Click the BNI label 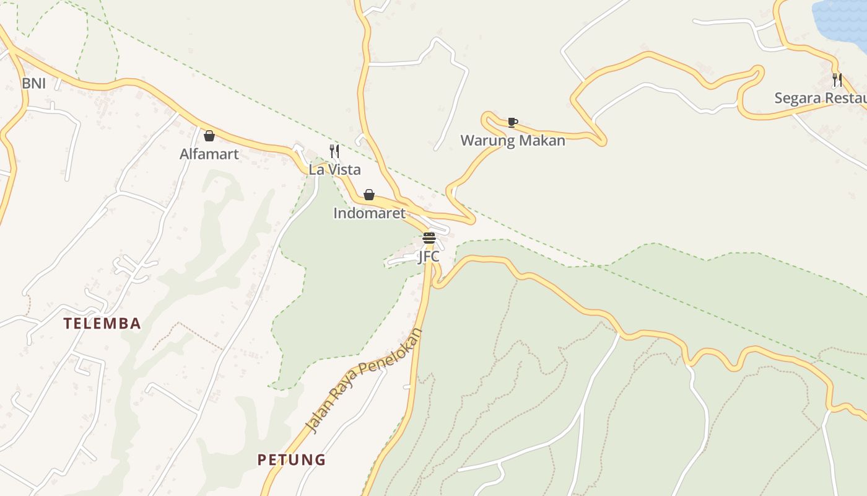click(x=33, y=83)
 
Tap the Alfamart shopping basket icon click(x=209, y=136)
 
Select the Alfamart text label click(x=209, y=154)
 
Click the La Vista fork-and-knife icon click(x=334, y=151)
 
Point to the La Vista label click(x=334, y=169)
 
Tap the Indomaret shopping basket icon click(x=369, y=195)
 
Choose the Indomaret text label click(x=369, y=213)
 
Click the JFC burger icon click(x=429, y=237)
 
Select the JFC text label click(x=429, y=256)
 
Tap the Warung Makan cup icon click(x=512, y=122)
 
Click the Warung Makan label click(x=513, y=141)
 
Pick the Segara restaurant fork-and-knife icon click(x=837, y=79)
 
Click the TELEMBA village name click(x=103, y=323)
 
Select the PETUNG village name click(x=291, y=459)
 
